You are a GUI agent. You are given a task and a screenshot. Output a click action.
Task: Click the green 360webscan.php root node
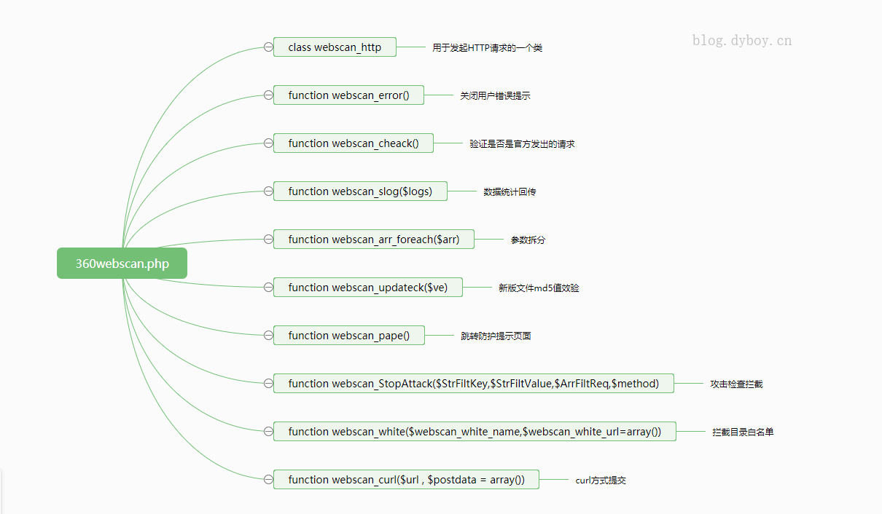(x=122, y=264)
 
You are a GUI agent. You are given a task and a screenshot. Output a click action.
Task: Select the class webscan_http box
(x=335, y=47)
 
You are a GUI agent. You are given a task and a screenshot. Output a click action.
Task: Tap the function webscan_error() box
(x=348, y=95)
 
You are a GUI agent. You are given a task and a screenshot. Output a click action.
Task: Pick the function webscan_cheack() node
(x=353, y=143)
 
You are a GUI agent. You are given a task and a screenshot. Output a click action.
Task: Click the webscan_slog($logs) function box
(x=360, y=191)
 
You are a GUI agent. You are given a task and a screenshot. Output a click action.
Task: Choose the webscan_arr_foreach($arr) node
(x=373, y=240)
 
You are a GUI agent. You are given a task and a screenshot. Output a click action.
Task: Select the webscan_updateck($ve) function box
(x=367, y=288)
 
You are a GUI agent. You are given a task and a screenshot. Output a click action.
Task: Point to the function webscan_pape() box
(x=348, y=336)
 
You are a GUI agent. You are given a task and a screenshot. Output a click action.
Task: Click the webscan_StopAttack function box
(x=473, y=384)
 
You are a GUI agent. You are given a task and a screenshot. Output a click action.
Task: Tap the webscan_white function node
(x=475, y=432)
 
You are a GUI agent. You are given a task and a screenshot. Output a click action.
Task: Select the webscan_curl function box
(x=406, y=480)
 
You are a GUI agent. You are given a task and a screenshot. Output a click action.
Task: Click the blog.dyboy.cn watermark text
(x=741, y=41)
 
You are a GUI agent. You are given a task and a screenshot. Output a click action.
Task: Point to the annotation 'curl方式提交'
(x=601, y=481)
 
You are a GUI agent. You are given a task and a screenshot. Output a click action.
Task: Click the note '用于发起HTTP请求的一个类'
(x=487, y=48)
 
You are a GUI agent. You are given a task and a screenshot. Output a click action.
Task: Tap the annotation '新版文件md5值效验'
(x=539, y=288)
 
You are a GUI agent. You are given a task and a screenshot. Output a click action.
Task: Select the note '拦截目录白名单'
(x=743, y=432)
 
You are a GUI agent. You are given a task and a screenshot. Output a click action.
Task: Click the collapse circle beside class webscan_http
(x=268, y=47)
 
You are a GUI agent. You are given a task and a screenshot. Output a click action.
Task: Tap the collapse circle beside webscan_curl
(x=268, y=480)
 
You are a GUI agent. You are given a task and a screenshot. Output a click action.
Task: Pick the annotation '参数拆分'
(x=528, y=240)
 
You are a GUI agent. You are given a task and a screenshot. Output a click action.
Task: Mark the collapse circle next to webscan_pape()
(x=268, y=336)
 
